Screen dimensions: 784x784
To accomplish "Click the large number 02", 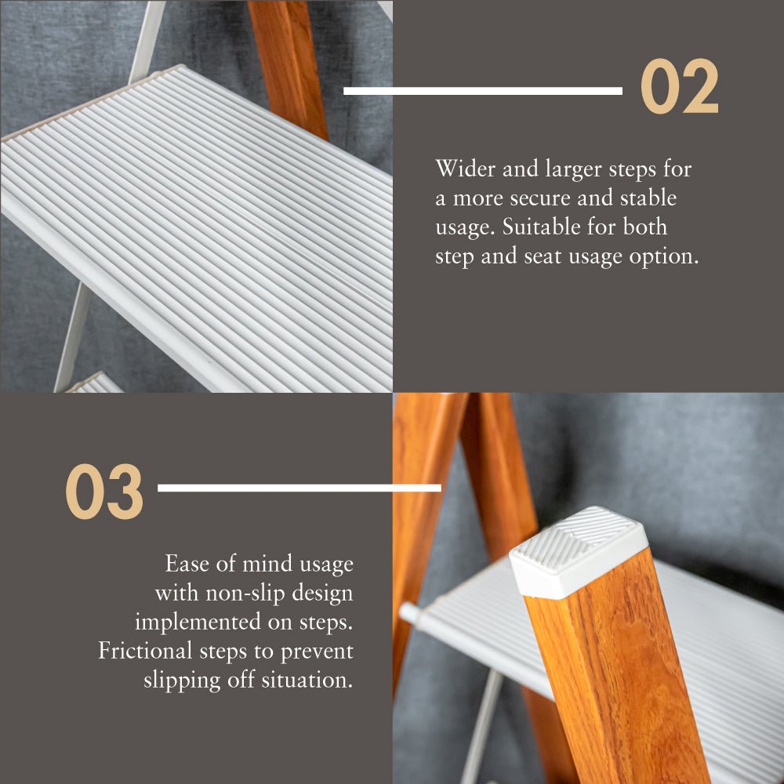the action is (x=680, y=86).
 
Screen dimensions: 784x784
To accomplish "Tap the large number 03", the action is (x=104, y=492).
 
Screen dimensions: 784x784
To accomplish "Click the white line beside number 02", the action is (x=483, y=91).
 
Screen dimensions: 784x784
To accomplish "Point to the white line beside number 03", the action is (x=299, y=488).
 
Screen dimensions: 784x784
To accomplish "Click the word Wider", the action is (x=466, y=169).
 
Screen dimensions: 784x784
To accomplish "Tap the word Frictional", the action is (x=145, y=651).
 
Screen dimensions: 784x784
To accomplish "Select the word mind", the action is (x=267, y=564).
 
